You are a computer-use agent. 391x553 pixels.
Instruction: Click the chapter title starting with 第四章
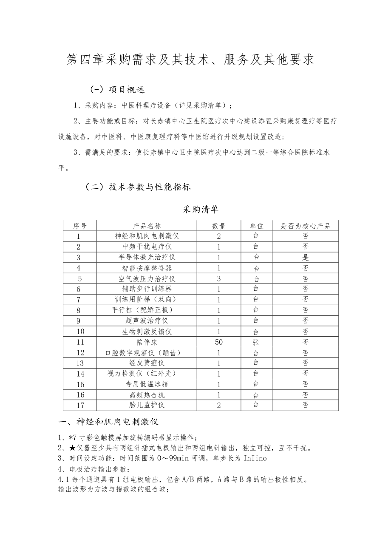click(x=191, y=60)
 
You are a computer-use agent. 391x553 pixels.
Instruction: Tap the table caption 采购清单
click(x=201, y=209)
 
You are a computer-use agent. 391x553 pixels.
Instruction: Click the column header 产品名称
click(x=147, y=226)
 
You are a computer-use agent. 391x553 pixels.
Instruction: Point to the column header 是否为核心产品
click(x=305, y=226)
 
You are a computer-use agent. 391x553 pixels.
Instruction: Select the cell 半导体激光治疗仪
click(x=147, y=257)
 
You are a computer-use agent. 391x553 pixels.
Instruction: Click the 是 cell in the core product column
click(x=305, y=257)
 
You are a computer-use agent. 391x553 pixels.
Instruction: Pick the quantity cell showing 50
click(x=219, y=342)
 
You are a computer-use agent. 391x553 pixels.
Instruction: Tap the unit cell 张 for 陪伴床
click(x=256, y=342)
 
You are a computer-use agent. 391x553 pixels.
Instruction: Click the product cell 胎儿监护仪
click(x=147, y=405)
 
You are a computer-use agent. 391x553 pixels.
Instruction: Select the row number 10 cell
click(x=80, y=332)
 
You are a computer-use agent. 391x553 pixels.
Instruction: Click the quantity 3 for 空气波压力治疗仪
click(x=219, y=279)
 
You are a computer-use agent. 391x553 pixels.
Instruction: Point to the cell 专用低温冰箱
click(x=147, y=384)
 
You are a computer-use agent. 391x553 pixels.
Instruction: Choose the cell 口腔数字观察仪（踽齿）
click(x=147, y=353)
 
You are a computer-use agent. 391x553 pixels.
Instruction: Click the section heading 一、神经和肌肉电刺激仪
click(x=108, y=422)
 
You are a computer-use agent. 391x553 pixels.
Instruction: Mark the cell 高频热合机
click(x=147, y=395)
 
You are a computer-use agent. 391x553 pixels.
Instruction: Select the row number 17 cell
click(x=80, y=405)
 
